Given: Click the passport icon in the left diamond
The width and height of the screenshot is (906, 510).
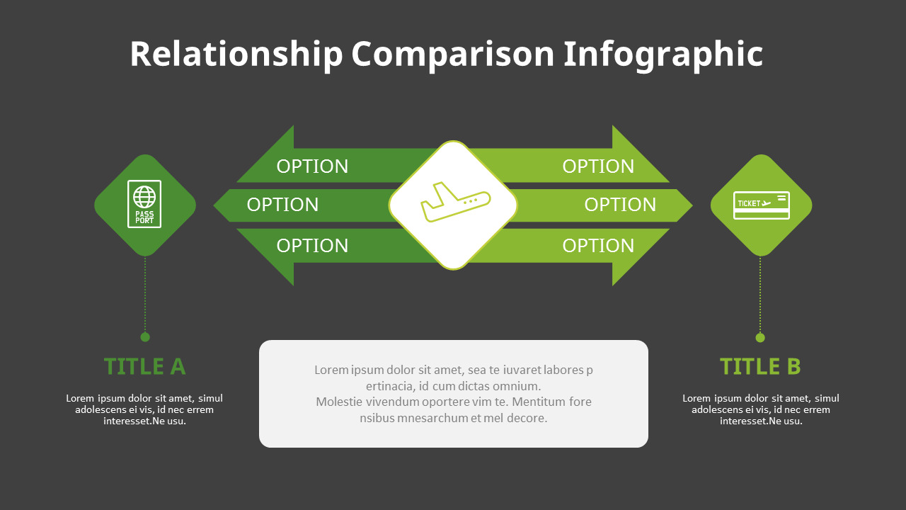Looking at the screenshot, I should (144, 204).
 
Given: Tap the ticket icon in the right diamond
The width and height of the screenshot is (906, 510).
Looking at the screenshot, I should (761, 205).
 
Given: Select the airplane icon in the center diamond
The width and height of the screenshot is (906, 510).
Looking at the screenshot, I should (454, 203).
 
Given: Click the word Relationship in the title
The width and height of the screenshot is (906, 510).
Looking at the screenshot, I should (236, 55).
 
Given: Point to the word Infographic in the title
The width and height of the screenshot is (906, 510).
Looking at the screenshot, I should (663, 55).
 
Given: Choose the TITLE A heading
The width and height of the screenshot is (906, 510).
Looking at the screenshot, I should (144, 367).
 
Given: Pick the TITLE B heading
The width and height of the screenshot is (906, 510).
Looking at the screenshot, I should (760, 367).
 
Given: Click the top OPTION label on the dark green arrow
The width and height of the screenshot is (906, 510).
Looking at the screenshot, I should (312, 166).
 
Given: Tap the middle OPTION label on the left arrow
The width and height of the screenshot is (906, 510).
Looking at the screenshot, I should (282, 205).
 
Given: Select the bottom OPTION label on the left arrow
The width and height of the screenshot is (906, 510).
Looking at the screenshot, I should (312, 246).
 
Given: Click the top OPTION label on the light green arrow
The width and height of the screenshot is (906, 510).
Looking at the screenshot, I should (598, 166).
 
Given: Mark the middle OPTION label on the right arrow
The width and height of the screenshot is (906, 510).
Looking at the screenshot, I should (620, 205).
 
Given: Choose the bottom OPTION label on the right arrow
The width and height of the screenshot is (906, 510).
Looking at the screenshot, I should (598, 246).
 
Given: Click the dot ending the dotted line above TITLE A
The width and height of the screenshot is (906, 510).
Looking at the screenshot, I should (145, 337).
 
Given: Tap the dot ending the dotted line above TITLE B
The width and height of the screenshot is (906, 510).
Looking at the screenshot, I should (760, 338).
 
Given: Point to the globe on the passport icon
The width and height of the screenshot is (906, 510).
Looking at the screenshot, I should (144, 195).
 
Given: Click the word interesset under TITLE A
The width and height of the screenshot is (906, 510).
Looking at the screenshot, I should (128, 421).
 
